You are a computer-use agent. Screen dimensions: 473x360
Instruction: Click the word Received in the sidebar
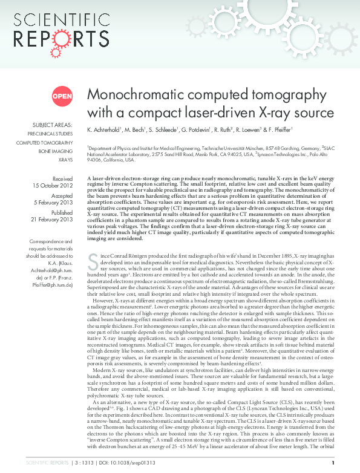tap(62, 178)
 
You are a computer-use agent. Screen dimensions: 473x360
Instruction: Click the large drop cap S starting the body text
tap(93, 262)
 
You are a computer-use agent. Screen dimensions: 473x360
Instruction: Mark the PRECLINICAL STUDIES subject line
tap(50, 132)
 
